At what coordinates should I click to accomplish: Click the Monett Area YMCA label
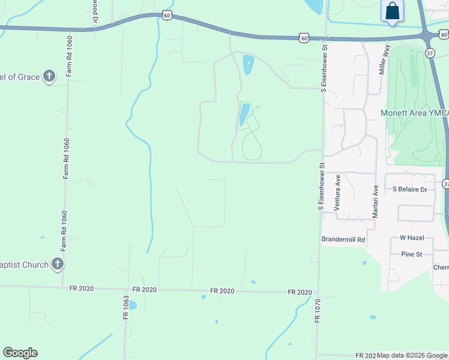[x=415, y=113]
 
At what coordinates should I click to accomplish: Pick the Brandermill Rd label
[x=343, y=239]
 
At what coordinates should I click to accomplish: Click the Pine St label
[x=412, y=254]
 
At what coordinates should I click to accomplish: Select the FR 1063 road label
[x=126, y=308]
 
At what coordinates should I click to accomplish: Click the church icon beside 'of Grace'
[x=49, y=76]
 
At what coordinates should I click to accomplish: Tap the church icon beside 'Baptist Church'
[x=58, y=263]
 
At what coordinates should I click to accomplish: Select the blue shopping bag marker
[x=392, y=11]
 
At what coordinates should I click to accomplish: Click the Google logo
[x=20, y=353]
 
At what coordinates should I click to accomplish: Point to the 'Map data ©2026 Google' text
[x=412, y=356]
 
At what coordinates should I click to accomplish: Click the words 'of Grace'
[x=20, y=77]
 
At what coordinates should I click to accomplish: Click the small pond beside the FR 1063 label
[x=133, y=305]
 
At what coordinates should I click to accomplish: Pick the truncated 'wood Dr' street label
[x=95, y=11]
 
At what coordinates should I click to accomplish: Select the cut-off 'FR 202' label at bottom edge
[x=365, y=356]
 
